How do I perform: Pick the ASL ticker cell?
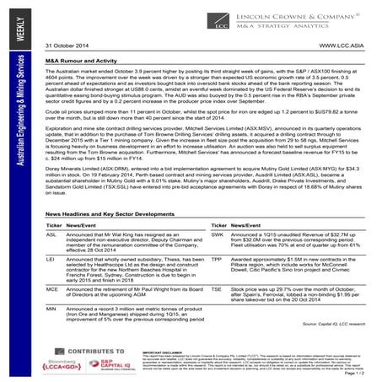52,236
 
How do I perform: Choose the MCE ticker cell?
52,288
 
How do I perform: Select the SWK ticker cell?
218,236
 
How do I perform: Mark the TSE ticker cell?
217,288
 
